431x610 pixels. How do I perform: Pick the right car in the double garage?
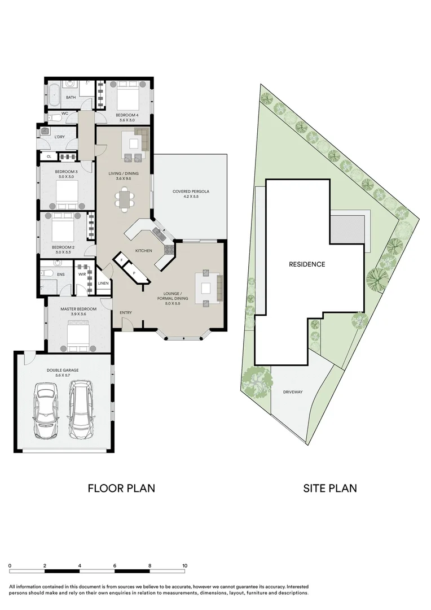coord(82,405)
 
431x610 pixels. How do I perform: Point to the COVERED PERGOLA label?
coord(191,191)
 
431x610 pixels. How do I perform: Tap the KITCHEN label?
coord(143,250)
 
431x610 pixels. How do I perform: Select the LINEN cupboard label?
coord(103,283)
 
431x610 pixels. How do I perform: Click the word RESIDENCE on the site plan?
coord(307,264)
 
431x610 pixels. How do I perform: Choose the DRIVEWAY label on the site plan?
coord(293,392)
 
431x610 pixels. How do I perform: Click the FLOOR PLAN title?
coord(121,488)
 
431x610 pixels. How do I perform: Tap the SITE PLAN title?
coord(330,488)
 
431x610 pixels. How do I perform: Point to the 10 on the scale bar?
coord(184,565)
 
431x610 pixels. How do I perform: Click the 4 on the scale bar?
coord(80,565)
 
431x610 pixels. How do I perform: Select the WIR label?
coord(82,275)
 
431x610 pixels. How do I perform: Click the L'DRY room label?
coord(59,137)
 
